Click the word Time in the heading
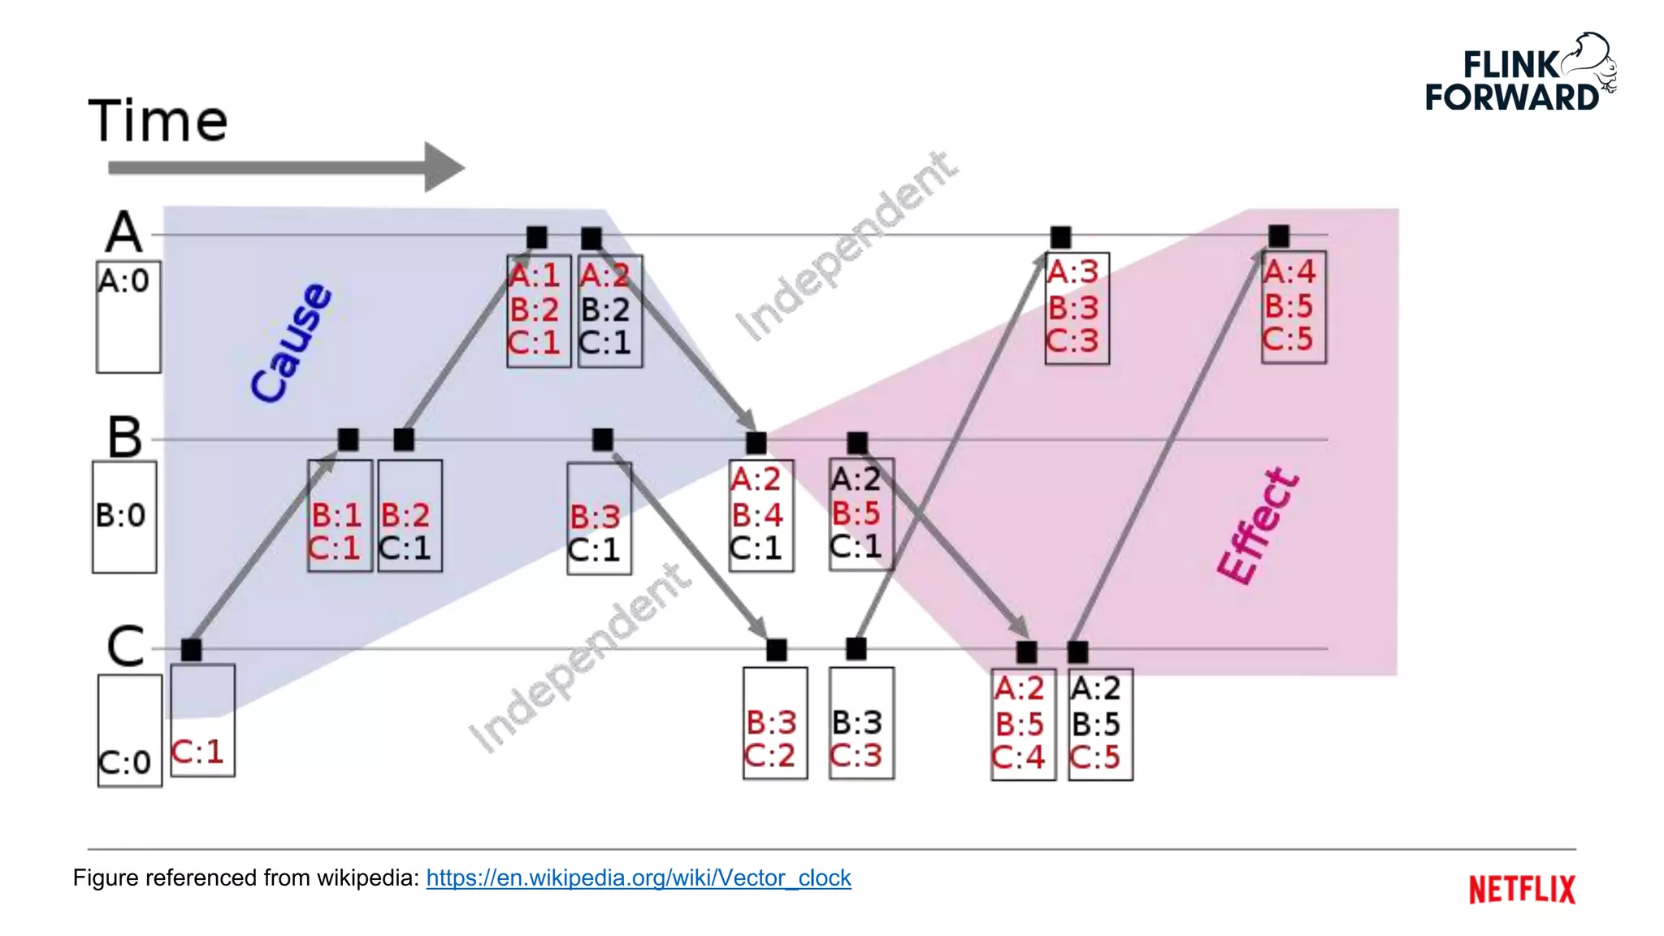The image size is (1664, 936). (158, 121)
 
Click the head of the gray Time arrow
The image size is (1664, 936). (443, 167)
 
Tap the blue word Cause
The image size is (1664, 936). (291, 343)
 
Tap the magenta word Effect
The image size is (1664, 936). (1258, 526)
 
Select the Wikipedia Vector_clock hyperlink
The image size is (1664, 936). (638, 877)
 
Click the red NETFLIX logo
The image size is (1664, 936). (1521, 889)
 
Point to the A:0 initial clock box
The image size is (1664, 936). (128, 316)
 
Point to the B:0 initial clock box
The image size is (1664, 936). (124, 517)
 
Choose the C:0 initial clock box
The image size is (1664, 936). (129, 730)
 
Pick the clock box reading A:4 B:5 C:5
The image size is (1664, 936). (1293, 307)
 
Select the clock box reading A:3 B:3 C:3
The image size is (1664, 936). (1077, 308)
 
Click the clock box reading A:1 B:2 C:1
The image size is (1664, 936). (538, 310)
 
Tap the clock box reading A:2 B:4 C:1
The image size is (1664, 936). (760, 516)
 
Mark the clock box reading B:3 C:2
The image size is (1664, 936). (775, 723)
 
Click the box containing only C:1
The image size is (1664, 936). (202, 720)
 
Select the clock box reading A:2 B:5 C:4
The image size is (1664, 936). (1023, 724)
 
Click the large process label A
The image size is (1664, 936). (123, 232)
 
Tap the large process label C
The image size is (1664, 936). (125, 647)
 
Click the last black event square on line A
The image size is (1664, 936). (1278, 236)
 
